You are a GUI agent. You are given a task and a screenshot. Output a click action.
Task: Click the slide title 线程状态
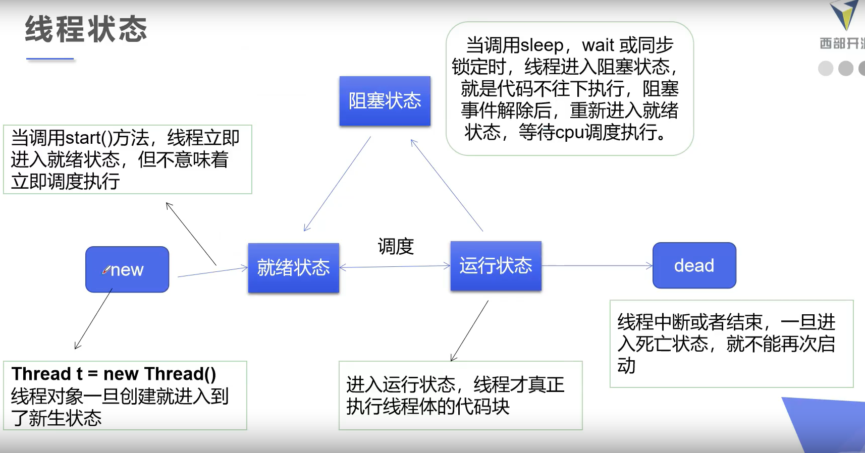coord(86,29)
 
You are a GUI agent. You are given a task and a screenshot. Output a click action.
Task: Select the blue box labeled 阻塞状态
coord(385,101)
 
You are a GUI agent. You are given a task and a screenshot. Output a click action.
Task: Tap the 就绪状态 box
coord(293,267)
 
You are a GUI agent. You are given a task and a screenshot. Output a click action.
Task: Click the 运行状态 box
coord(496,266)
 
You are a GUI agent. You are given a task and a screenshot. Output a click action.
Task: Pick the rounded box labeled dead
coord(694,265)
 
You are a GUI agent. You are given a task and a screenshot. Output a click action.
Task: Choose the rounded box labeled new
coord(127,269)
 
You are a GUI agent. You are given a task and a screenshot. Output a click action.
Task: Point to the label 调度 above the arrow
coord(396,247)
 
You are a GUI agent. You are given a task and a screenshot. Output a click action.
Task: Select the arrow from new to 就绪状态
coord(212,272)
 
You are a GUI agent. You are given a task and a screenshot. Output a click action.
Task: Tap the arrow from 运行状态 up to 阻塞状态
coord(447,185)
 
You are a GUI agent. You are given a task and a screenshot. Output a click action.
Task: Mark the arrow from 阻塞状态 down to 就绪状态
coord(337,184)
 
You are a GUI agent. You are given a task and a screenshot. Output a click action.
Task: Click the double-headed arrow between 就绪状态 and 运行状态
coord(395,266)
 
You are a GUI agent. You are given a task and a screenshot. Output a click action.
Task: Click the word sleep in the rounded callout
coord(542,45)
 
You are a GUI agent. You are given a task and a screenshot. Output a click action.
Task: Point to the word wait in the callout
coord(598,45)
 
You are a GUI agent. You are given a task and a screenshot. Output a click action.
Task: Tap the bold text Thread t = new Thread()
coord(114,374)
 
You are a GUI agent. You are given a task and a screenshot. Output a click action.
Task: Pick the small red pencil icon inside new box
coord(106,270)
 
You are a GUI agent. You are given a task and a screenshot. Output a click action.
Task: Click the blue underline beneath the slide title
coord(50,59)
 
